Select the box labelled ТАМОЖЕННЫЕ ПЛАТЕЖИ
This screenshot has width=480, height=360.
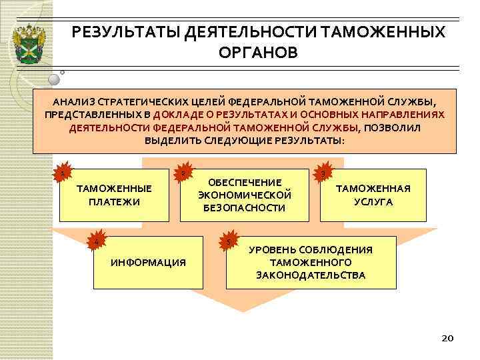point(114,195)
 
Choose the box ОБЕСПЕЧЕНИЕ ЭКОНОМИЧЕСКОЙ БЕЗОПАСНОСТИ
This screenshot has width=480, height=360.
point(245,195)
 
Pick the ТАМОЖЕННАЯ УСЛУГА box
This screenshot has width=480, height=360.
point(373,195)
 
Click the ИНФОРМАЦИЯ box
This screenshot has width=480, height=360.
point(148,262)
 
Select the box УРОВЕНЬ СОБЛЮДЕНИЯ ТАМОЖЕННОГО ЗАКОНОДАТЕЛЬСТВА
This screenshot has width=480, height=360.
point(311,262)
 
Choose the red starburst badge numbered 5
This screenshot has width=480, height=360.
point(229,241)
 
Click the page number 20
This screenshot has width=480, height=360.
point(447,339)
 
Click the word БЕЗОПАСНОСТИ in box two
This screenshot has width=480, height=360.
point(245,207)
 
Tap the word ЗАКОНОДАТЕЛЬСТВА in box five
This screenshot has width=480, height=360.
point(311,275)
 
